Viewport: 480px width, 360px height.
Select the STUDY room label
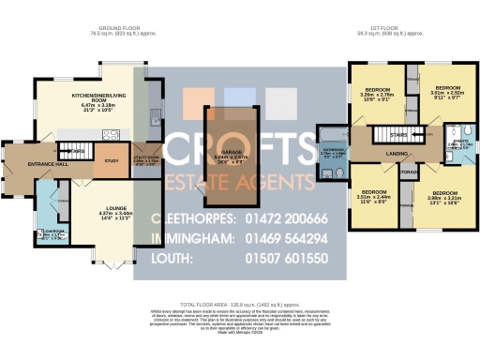click(x=112, y=161)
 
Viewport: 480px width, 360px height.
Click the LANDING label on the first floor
click(x=396, y=154)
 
